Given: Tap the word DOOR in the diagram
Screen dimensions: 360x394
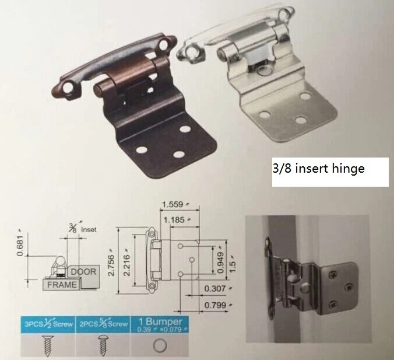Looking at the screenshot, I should tap(84, 271).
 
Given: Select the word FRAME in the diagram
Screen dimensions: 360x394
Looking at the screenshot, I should tap(61, 284).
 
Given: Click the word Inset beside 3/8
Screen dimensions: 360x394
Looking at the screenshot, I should tap(88, 229).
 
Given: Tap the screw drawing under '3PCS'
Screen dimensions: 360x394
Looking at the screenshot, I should tap(45, 344).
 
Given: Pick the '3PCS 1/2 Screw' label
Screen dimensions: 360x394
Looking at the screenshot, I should tap(45, 323).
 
